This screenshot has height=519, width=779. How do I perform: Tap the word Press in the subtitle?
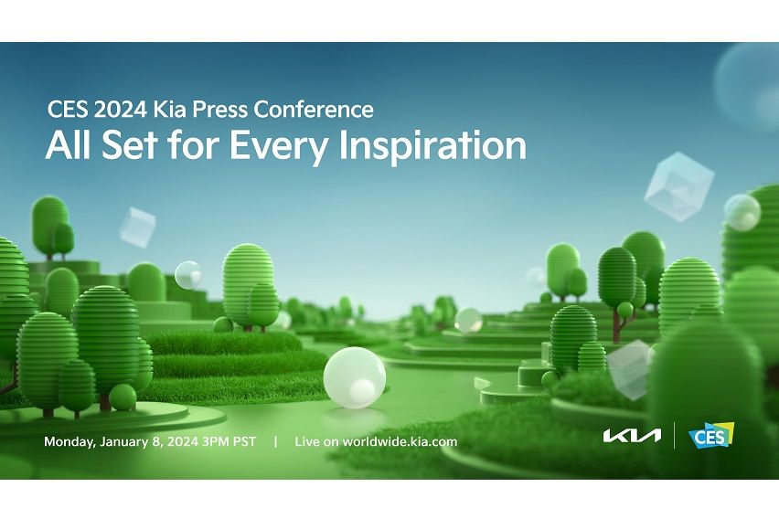[x=210, y=110]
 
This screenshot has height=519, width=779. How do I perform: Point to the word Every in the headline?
[x=314, y=146]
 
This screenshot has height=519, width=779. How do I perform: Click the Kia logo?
[x=632, y=436]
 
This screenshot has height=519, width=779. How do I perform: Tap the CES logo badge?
[x=710, y=436]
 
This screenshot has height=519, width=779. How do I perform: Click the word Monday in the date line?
[x=70, y=442]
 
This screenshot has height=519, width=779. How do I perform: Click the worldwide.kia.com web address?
[x=400, y=442]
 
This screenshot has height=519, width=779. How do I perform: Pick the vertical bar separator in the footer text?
[x=275, y=442]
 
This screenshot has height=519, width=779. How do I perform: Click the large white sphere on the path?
[x=354, y=376]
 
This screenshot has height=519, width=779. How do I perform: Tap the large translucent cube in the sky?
[x=678, y=186]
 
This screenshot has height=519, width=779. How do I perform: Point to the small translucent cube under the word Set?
[x=137, y=226]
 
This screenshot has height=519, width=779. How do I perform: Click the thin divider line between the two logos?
[x=674, y=436]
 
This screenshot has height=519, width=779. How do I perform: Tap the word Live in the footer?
[x=307, y=442]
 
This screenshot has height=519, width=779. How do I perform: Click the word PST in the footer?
[x=245, y=442]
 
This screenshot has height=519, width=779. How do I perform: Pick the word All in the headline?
[x=66, y=146]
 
